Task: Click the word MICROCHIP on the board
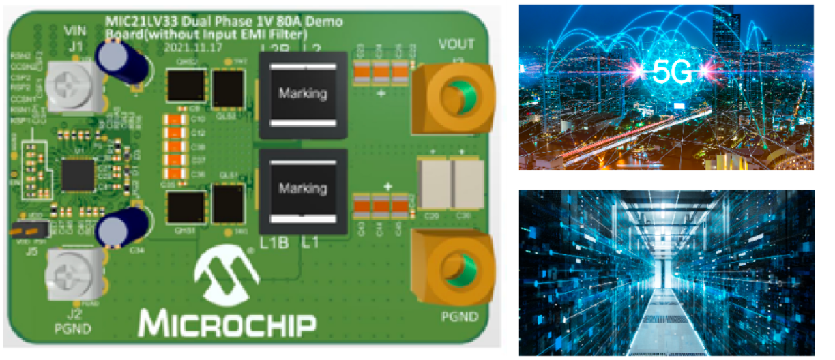pyautogui.click(x=228, y=323)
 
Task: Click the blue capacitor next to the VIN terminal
pyautogui.click(x=120, y=62)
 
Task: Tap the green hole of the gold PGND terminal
pyautogui.click(x=457, y=267)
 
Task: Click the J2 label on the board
pyautogui.click(x=72, y=314)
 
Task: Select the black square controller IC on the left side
pyautogui.click(x=78, y=175)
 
